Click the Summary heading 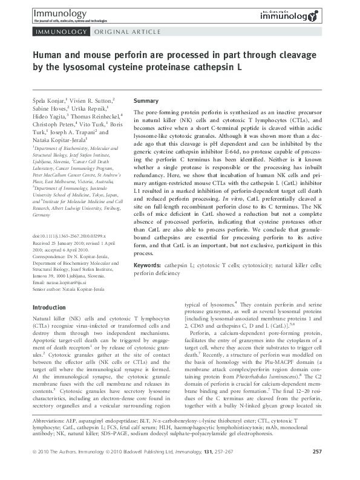146,100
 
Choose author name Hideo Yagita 50,115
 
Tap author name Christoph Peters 56,123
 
